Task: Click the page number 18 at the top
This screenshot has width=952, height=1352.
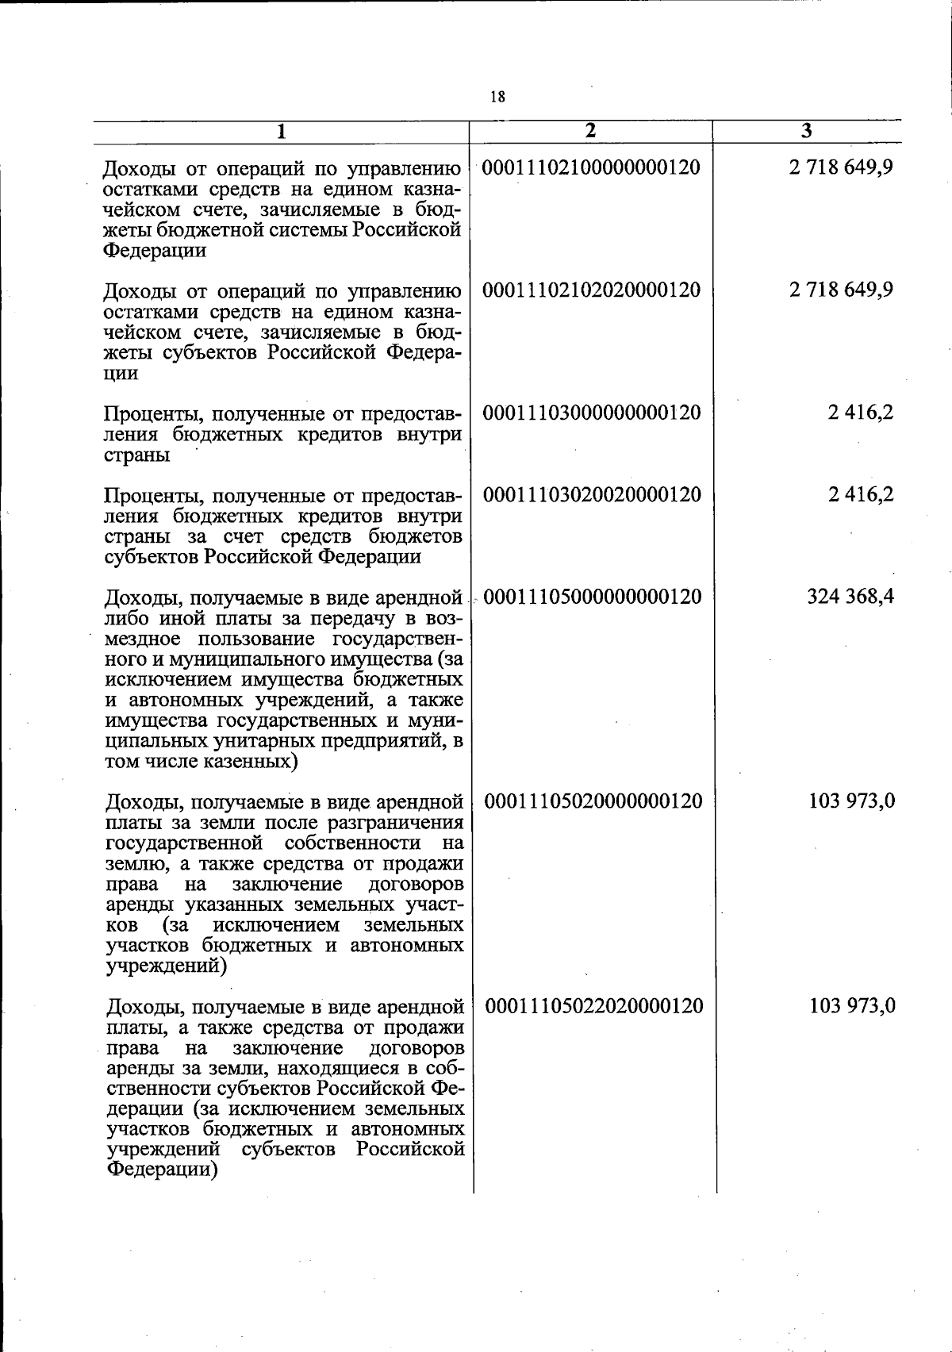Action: pyautogui.click(x=497, y=97)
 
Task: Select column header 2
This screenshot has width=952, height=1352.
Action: pyautogui.click(x=589, y=132)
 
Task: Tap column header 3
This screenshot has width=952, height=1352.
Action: pyautogui.click(x=806, y=132)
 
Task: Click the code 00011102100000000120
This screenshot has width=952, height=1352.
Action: pyautogui.click(x=591, y=167)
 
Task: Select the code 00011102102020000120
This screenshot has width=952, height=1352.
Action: pyautogui.click(x=592, y=290)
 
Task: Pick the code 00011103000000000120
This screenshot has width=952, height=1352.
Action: pyautogui.click(x=592, y=413)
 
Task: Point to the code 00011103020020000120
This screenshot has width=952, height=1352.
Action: pyautogui.click(x=592, y=494)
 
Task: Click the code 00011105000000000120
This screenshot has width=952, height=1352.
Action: pyautogui.click(x=592, y=596)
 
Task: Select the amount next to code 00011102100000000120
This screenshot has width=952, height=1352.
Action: pyautogui.click(x=841, y=167)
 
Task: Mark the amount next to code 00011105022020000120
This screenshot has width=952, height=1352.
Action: pyautogui.click(x=852, y=1006)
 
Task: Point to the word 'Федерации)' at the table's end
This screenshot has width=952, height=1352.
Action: pyautogui.click(x=162, y=1171)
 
